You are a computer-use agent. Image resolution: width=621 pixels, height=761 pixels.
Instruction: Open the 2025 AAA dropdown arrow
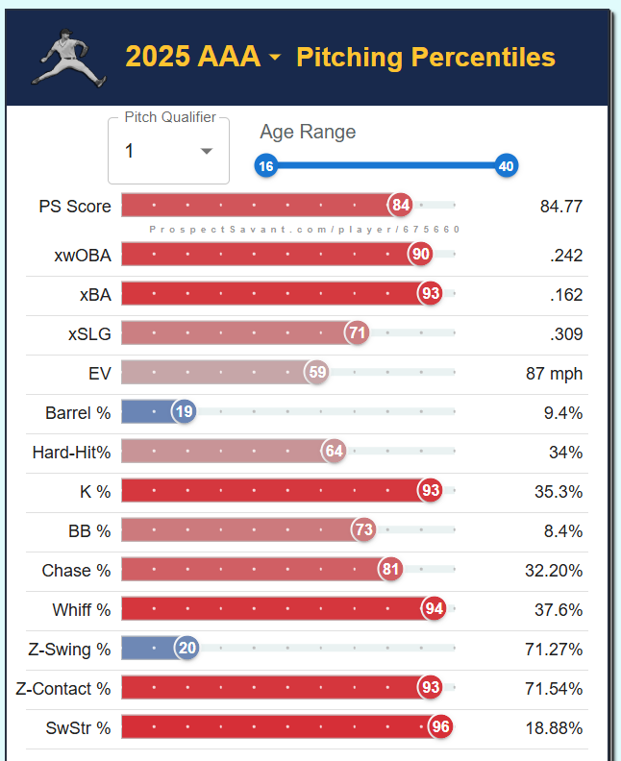[276, 58]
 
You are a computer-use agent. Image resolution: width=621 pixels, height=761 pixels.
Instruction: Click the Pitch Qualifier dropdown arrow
[206, 152]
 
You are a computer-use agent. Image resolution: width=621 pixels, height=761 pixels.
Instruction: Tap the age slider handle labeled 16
[266, 166]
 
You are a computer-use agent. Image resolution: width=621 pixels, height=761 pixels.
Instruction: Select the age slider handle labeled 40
[507, 166]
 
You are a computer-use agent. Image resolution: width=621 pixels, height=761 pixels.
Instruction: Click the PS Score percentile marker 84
[401, 205]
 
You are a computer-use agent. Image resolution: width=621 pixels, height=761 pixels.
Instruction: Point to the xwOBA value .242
[565, 256]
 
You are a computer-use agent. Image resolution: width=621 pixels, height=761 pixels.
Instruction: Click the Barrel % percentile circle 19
[184, 412]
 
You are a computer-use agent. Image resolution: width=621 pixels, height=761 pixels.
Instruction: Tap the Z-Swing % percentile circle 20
[186, 648]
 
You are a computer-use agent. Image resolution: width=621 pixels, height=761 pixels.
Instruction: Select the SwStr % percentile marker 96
[440, 726]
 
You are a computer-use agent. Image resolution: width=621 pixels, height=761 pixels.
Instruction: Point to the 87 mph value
[555, 373]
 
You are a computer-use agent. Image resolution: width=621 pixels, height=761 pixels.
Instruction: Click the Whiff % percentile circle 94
[434, 608]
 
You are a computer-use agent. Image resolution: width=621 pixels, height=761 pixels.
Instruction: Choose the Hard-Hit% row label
[71, 452]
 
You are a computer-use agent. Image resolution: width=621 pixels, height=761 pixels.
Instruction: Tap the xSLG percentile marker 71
[358, 333]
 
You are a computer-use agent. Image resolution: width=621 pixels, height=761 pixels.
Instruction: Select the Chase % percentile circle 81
[389, 570]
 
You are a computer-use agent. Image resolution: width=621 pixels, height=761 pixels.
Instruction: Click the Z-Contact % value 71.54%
[557, 688]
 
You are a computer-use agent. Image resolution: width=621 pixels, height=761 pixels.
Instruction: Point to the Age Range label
[308, 133]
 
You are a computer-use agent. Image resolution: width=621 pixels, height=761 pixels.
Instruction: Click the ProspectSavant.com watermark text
[305, 230]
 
